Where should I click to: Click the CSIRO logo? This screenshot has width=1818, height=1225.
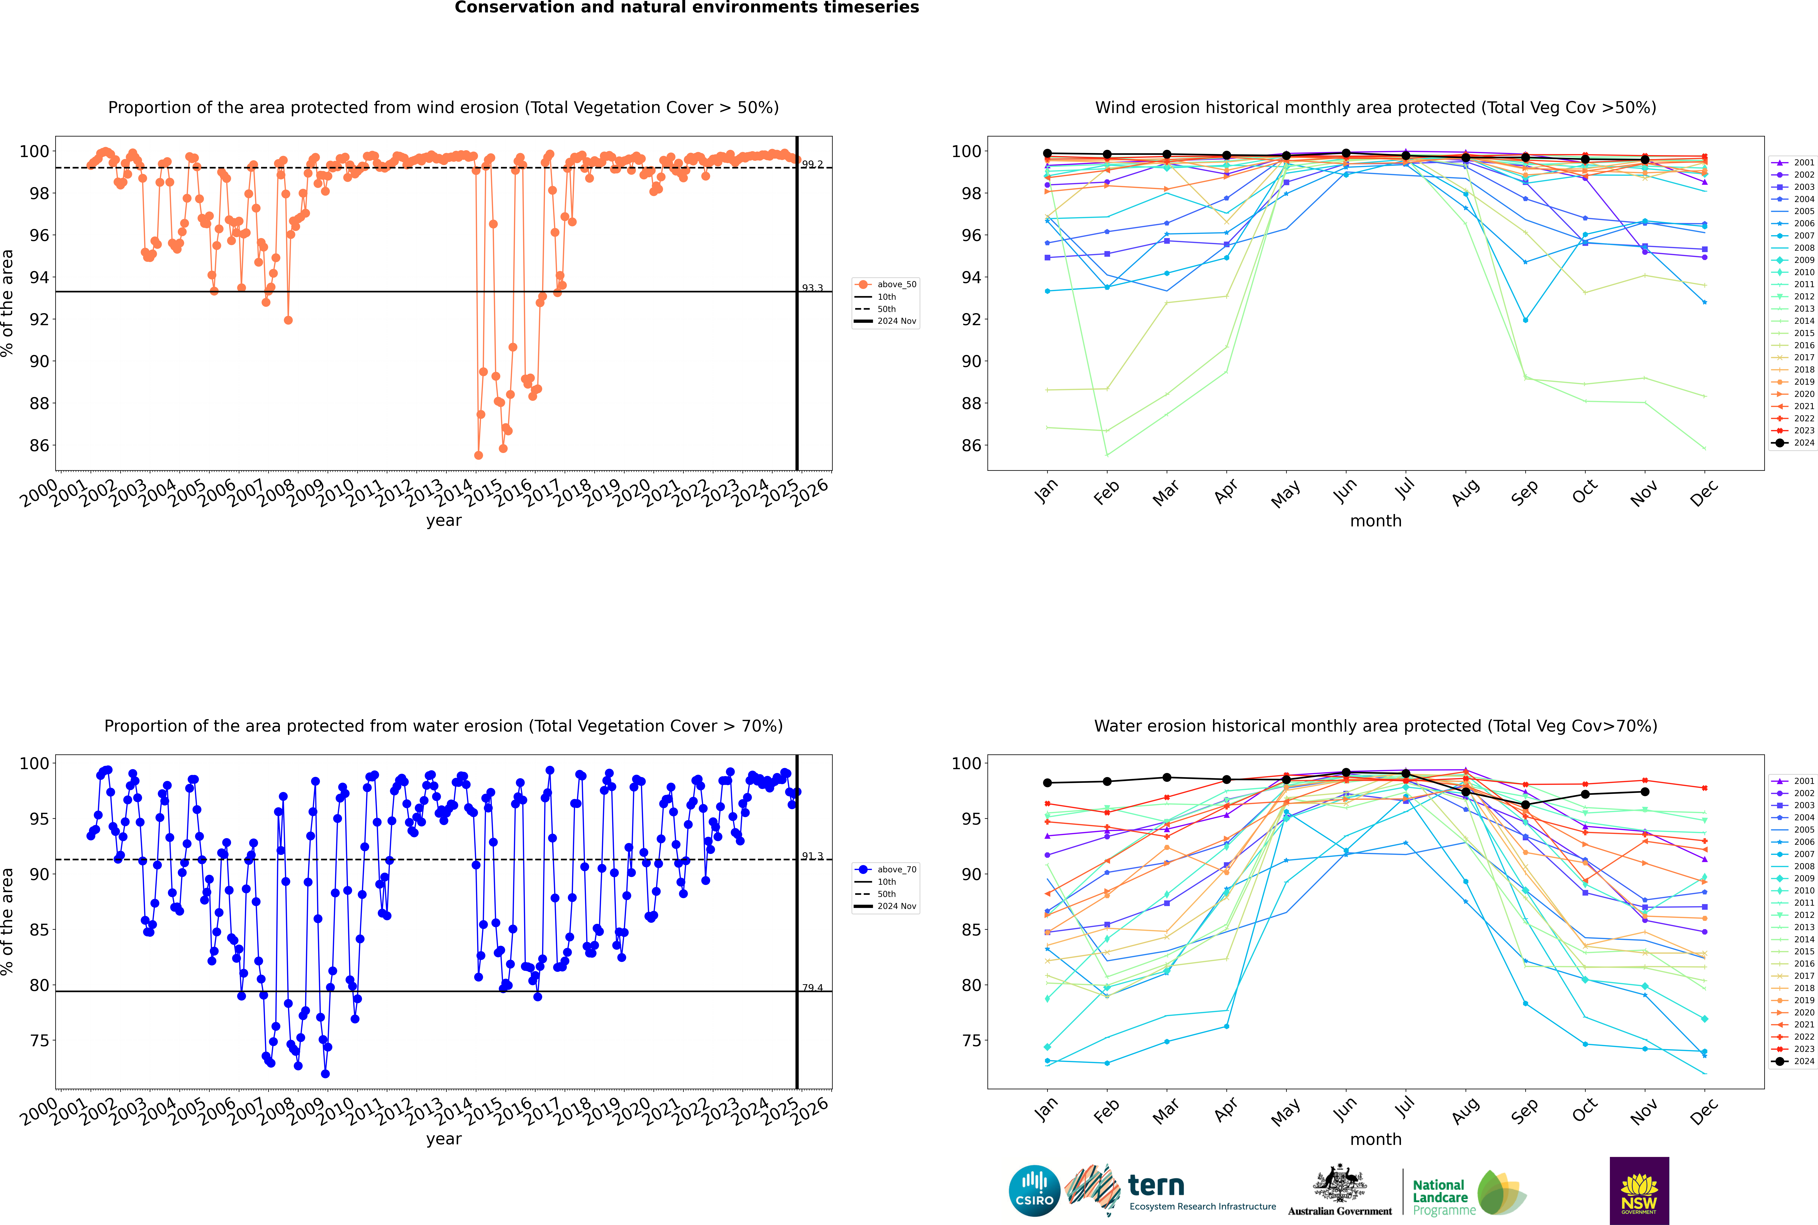(1034, 1191)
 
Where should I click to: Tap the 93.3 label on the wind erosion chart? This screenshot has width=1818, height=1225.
(812, 288)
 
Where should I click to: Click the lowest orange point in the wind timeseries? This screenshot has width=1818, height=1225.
(478, 455)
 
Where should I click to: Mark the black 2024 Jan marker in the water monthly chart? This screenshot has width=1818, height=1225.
(1047, 783)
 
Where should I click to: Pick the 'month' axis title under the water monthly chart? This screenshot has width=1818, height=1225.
(1376, 1139)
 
